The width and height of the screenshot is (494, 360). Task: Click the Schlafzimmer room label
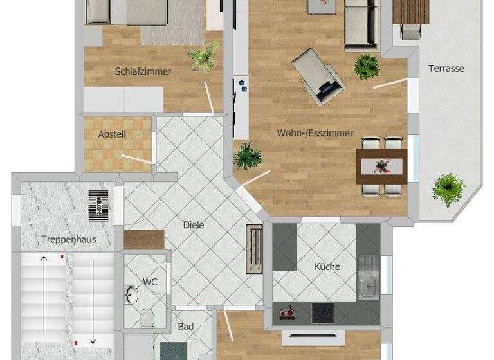click(143, 71)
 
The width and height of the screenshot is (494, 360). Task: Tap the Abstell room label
click(112, 134)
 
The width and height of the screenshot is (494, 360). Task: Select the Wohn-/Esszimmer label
click(315, 133)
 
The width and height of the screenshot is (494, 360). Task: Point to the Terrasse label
click(446, 68)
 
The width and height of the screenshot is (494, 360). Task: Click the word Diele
click(194, 225)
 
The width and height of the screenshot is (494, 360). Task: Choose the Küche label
click(327, 266)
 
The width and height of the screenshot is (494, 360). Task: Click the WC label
click(150, 282)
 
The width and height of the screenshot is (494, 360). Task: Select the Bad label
click(185, 327)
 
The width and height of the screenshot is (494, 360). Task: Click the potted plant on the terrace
click(448, 188)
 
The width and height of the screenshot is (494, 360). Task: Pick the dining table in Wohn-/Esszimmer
click(382, 166)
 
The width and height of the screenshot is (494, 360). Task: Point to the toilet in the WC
click(147, 318)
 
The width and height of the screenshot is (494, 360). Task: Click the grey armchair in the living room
click(318, 78)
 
